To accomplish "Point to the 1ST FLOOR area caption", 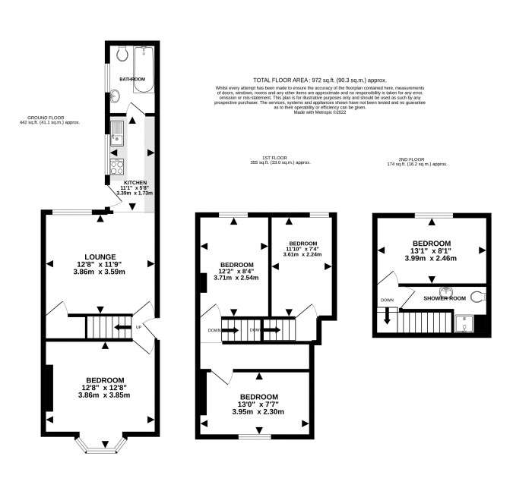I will (x=280, y=162).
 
